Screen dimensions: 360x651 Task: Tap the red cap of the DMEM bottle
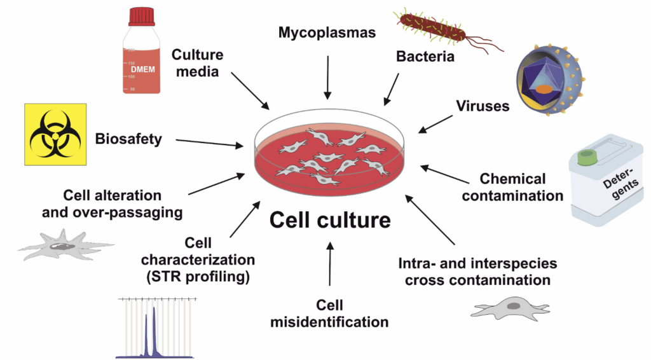(x=141, y=15)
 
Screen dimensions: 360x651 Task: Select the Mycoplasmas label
(x=328, y=32)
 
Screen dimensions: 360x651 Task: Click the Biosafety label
(x=128, y=139)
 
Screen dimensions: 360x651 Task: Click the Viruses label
(x=483, y=106)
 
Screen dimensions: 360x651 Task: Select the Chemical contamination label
(x=512, y=188)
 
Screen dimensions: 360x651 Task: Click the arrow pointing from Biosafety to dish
(x=209, y=143)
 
